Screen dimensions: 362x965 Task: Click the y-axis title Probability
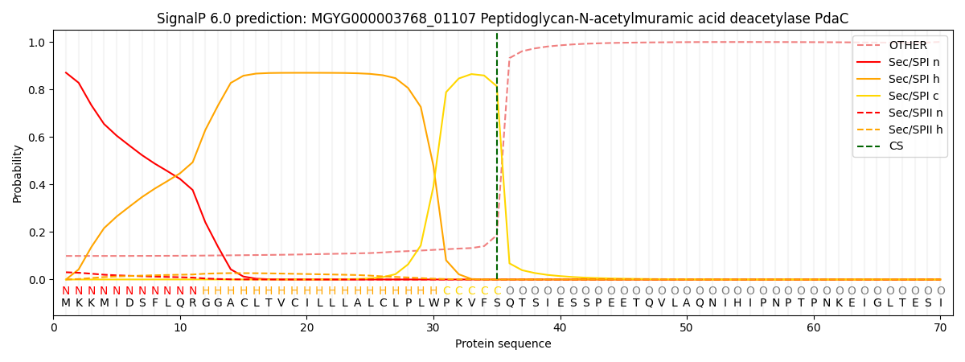point(18,173)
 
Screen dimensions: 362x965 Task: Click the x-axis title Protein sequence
point(503,344)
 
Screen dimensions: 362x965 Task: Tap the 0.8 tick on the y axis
point(36,90)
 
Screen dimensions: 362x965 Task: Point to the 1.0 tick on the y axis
point(36,43)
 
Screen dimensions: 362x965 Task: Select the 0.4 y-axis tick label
point(36,185)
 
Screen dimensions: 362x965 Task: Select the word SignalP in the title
point(183,19)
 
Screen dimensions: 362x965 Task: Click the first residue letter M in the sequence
point(66,303)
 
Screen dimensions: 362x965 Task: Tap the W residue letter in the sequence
point(433,303)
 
